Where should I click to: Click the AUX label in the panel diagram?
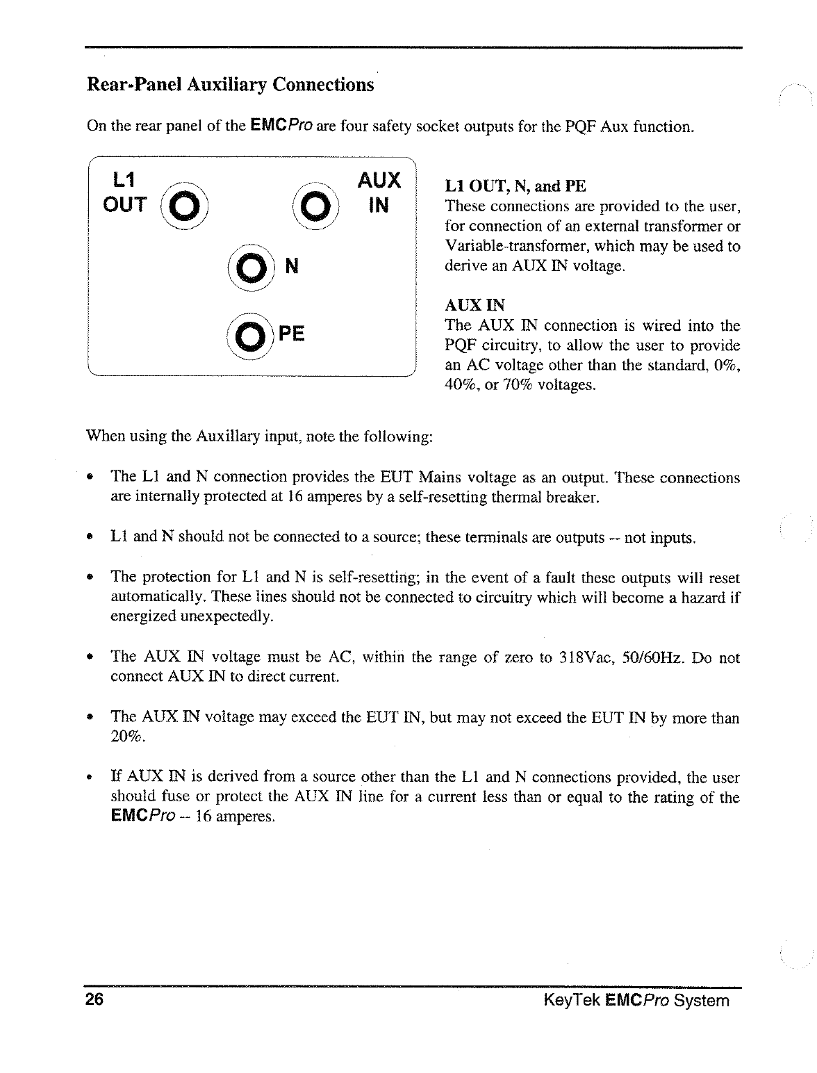(x=379, y=181)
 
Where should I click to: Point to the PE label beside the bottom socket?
(x=291, y=334)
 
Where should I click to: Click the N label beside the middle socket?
(x=292, y=266)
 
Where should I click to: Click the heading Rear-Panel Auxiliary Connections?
(x=230, y=85)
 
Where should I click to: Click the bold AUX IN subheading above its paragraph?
(x=474, y=305)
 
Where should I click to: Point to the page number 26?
(x=95, y=1000)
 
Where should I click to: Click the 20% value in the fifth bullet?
(x=127, y=737)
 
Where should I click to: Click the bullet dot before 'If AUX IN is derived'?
(x=90, y=777)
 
